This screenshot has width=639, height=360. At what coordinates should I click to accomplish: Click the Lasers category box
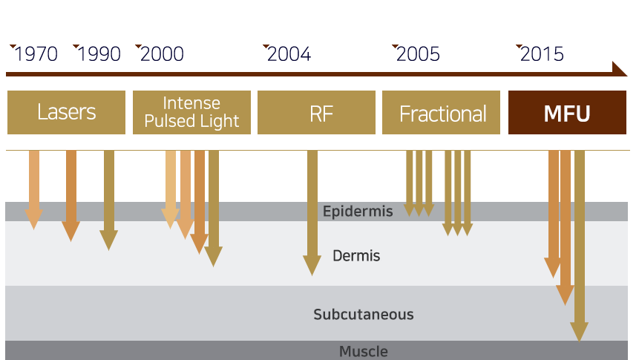66,113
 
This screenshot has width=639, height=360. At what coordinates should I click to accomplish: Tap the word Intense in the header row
191,103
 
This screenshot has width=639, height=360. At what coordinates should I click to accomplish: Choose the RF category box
316,113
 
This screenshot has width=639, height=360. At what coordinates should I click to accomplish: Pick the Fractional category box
442,113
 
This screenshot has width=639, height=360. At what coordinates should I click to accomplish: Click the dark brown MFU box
568,113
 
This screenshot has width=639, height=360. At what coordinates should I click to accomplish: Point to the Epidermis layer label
358,212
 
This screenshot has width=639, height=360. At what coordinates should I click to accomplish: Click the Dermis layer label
356,256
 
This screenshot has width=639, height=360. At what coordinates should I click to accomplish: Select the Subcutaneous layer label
364,314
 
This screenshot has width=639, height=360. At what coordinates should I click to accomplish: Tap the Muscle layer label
364,351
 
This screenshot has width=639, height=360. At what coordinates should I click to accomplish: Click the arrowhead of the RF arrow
312,266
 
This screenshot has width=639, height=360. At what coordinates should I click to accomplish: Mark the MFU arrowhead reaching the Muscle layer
579,332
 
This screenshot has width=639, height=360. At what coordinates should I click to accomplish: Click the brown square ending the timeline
620,68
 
